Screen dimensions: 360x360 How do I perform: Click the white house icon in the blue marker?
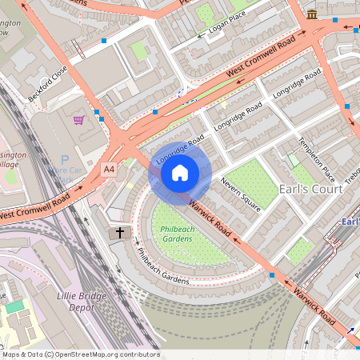180,173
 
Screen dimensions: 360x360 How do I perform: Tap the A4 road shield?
109,170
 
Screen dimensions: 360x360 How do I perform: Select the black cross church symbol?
121,233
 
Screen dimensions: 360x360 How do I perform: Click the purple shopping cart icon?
78,120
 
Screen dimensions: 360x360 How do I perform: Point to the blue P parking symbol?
65,160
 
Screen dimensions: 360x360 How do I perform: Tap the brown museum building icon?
311,14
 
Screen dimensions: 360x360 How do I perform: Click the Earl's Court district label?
310,190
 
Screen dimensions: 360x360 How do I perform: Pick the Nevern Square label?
240,195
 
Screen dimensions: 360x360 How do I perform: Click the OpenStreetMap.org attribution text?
104,354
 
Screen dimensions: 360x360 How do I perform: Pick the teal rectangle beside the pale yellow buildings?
14,307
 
